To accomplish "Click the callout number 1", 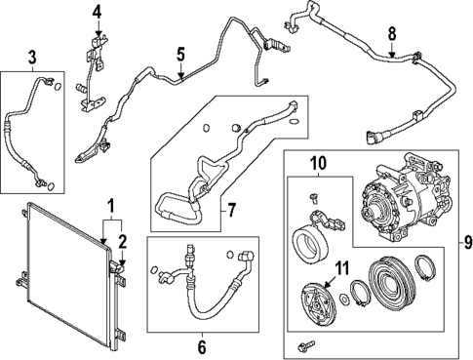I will [110, 206].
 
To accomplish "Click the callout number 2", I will [122, 240].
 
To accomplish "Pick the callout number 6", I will [202, 345].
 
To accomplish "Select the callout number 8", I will [392, 36].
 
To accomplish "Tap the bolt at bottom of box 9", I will [309, 345].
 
